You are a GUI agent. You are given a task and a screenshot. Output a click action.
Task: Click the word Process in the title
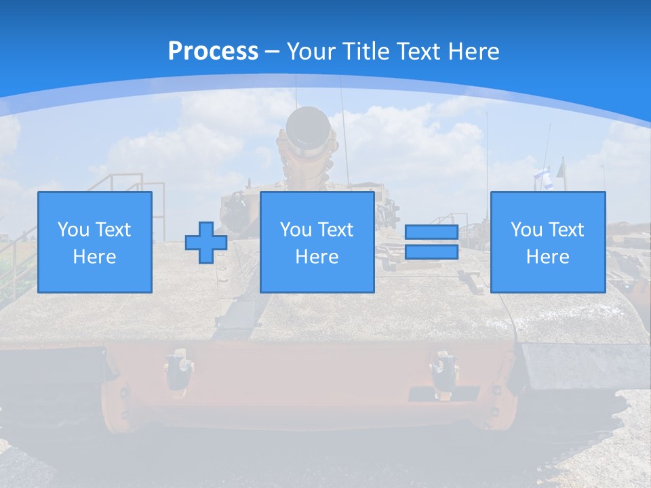pos(213,52)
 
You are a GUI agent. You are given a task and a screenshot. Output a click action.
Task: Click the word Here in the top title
pos(473,52)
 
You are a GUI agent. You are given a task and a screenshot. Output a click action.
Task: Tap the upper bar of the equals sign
pos(431,232)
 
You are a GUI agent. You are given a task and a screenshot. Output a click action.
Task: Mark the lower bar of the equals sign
pos(431,252)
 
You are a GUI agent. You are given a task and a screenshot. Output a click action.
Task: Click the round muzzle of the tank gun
pos(308,125)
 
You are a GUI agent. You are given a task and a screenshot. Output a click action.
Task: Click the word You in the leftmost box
pos(73,230)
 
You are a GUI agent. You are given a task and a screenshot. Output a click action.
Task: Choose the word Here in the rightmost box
pos(548,257)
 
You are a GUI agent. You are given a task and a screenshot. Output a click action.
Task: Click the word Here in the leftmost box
pos(95,257)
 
